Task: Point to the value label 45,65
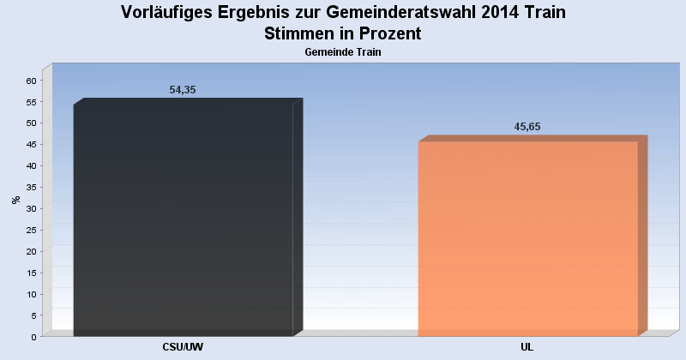[x=527, y=127]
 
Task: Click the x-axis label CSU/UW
[x=183, y=347]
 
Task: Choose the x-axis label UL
[x=527, y=347]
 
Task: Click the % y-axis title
[x=15, y=200]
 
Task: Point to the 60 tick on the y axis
[x=31, y=81]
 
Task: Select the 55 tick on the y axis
[x=31, y=102]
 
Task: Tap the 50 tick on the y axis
[x=31, y=123]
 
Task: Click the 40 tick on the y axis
[x=31, y=166]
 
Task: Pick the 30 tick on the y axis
[x=31, y=208]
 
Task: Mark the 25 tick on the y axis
[x=31, y=230]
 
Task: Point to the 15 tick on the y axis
[x=31, y=273]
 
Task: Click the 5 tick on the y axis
[x=33, y=315]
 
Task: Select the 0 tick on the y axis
[x=33, y=337]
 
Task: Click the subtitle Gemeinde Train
[x=343, y=52]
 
